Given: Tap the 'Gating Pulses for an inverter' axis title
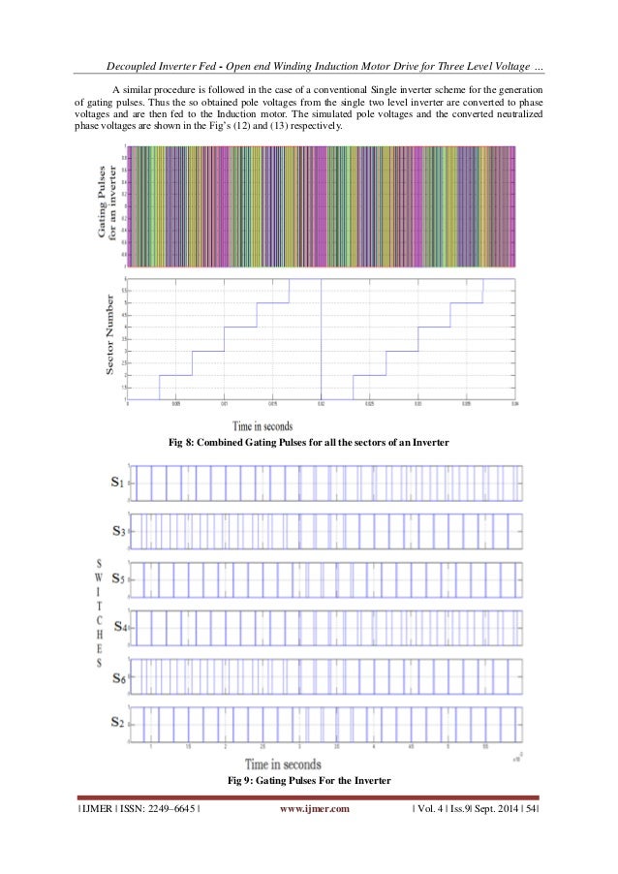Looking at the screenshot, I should point(109,205).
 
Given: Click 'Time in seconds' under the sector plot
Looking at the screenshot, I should point(263,425).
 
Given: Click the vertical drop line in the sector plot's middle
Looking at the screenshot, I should point(321,339).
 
